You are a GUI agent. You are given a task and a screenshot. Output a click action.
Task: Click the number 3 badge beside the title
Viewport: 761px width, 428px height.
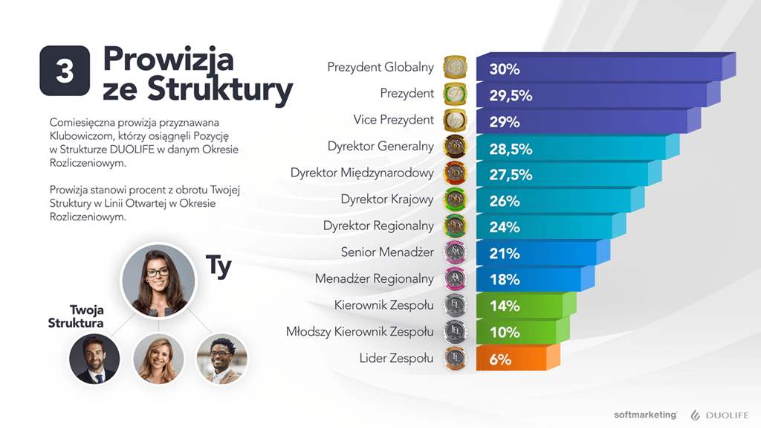(x=65, y=71)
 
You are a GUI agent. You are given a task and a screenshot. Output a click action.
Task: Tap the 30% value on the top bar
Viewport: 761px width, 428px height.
(x=505, y=69)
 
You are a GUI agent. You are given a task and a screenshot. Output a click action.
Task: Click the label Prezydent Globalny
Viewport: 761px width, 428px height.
(x=380, y=67)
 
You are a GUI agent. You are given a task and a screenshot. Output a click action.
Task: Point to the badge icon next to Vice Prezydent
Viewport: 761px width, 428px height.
(x=454, y=121)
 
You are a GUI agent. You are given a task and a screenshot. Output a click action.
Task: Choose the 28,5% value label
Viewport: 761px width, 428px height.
(x=511, y=149)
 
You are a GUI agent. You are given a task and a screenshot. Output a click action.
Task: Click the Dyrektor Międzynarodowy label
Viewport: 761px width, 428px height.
(x=362, y=173)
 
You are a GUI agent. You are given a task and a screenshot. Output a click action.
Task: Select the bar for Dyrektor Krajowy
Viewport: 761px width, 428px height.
(x=557, y=200)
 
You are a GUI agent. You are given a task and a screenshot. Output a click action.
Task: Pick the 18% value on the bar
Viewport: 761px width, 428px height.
(x=505, y=280)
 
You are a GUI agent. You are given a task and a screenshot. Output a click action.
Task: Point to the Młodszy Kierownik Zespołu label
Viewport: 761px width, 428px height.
(x=360, y=331)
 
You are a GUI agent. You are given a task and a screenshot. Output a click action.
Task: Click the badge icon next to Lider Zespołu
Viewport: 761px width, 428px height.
(x=454, y=358)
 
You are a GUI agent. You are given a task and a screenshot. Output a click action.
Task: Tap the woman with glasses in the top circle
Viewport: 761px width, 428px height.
(x=157, y=279)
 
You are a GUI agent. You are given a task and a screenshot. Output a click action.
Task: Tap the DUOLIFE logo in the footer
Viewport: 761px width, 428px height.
(x=719, y=415)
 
